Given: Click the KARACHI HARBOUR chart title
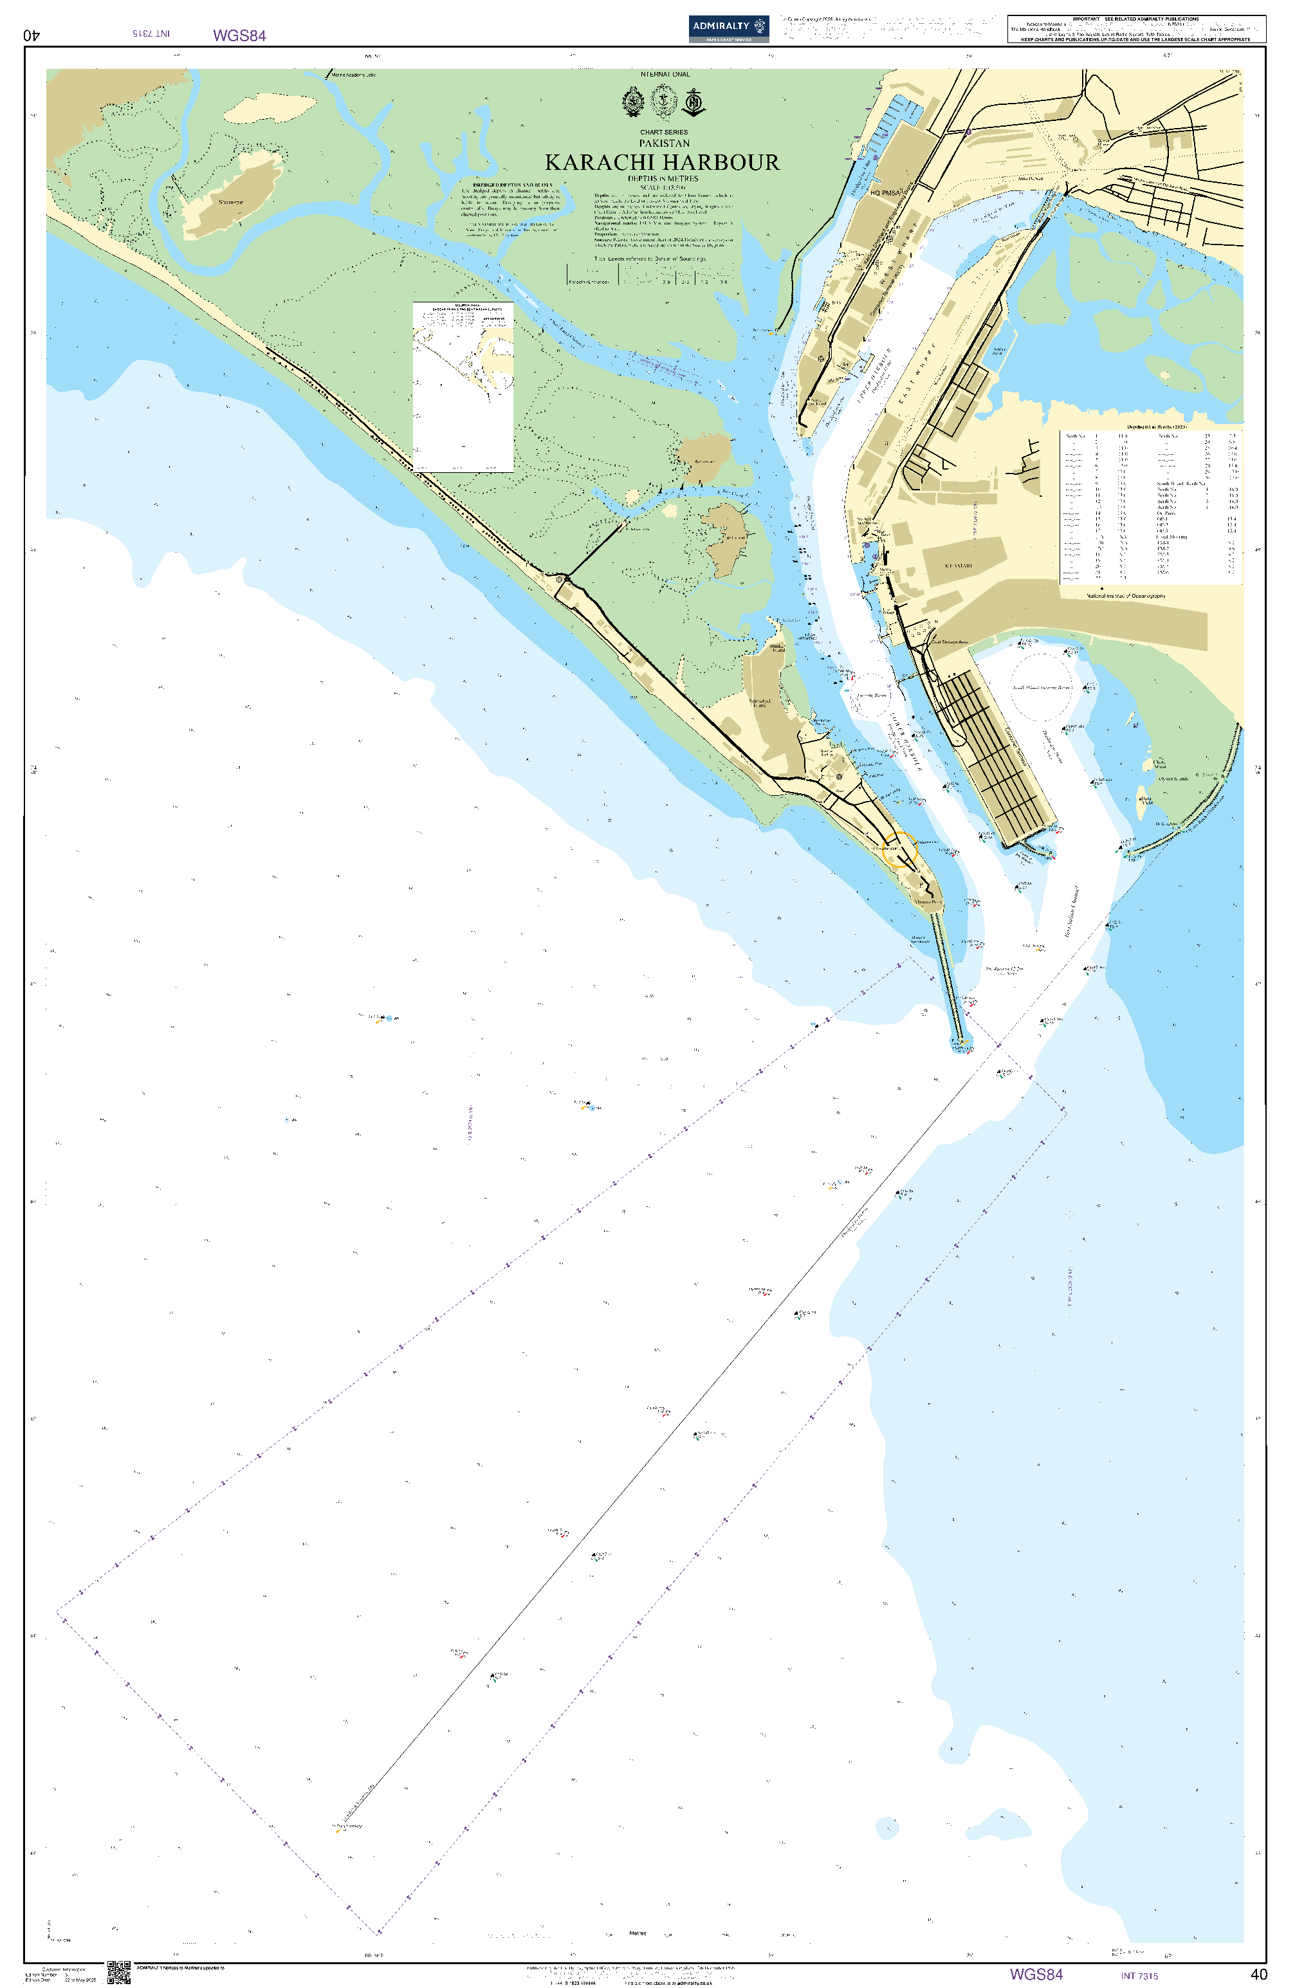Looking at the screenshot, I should click(x=662, y=162).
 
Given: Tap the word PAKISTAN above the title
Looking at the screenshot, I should click(x=664, y=143).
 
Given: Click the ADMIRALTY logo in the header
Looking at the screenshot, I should click(x=728, y=28).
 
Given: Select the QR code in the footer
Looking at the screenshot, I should click(x=118, y=1972).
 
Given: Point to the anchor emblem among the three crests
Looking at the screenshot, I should click(x=694, y=104).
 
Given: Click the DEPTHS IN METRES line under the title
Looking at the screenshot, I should click(x=663, y=178).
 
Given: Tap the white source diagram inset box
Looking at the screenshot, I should click(x=463, y=387).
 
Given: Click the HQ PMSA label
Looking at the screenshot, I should click(x=886, y=193).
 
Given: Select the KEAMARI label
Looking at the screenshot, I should click(x=959, y=566).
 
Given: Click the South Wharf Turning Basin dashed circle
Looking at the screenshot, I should click(x=1041, y=686).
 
